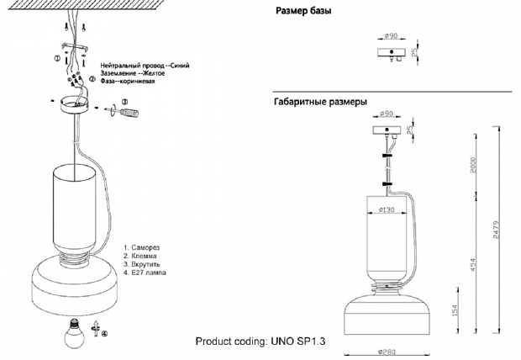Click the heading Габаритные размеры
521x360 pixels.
point(320,102)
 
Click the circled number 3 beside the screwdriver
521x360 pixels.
point(124,102)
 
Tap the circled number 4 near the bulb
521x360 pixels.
point(104,333)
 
